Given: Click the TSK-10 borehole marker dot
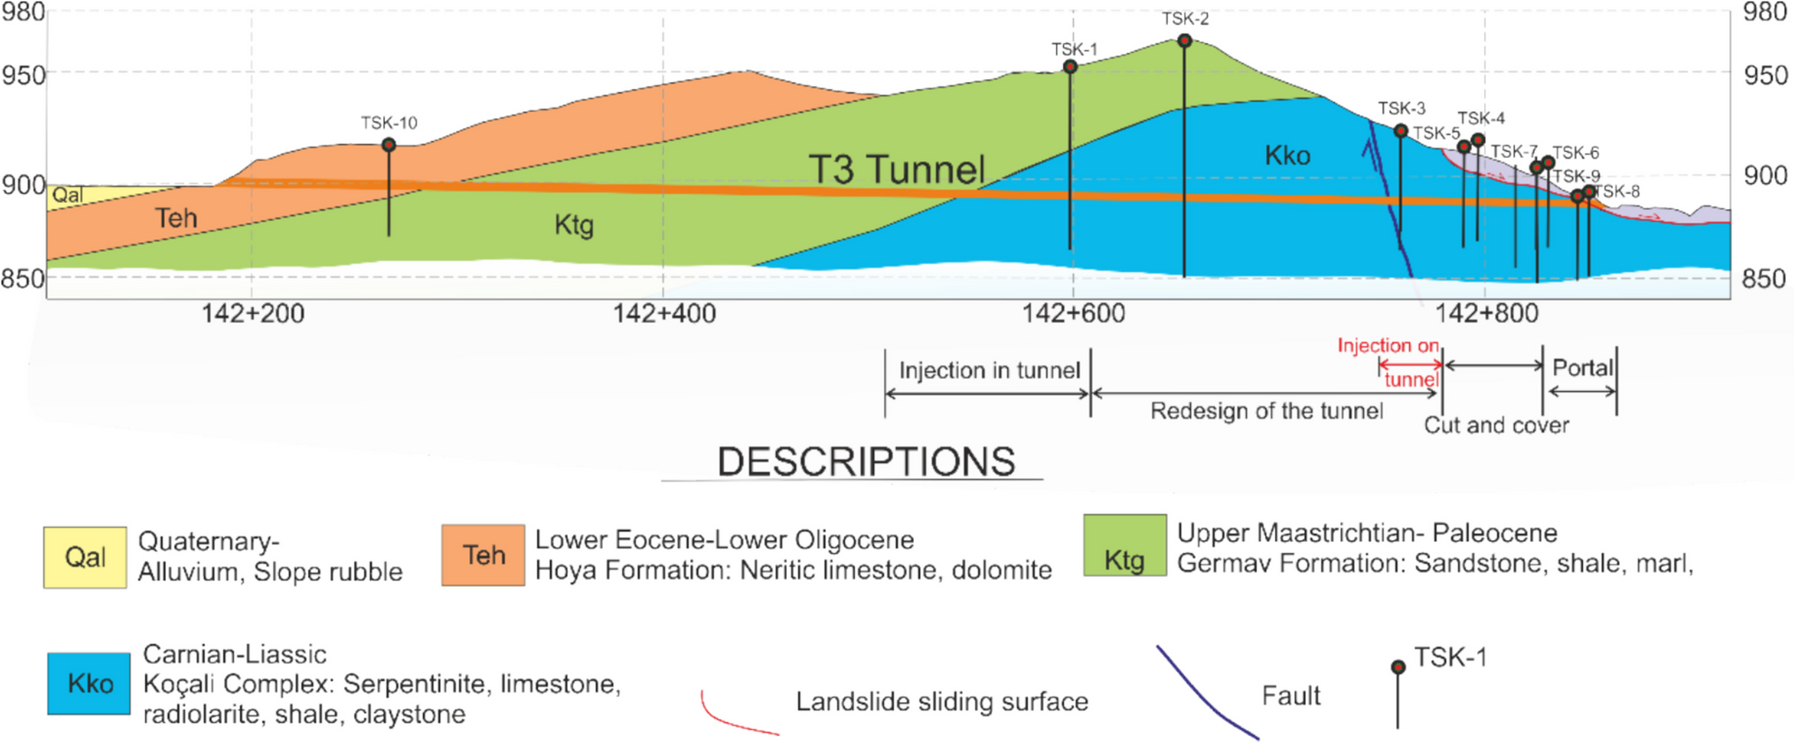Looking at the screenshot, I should point(388,145).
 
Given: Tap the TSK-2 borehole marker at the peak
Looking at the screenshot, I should point(1185,41).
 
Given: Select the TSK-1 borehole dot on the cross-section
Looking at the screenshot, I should point(1070,67).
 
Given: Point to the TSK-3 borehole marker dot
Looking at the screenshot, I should point(1400,131).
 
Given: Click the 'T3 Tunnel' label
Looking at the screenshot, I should point(897,169).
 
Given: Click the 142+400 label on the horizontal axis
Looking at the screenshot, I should point(664,313).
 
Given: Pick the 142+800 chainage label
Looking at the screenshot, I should point(1487,313).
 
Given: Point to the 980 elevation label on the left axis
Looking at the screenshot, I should point(23,12).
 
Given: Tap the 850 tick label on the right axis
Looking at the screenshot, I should point(1764,279).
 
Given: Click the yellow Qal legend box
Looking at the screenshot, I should point(85,558).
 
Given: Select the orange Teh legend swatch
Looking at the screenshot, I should point(483,555).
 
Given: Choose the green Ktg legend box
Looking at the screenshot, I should point(1125,546).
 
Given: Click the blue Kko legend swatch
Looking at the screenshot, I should point(89,684).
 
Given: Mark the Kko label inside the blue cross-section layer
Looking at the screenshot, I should point(1287,156).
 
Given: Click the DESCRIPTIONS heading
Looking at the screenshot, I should point(866,462).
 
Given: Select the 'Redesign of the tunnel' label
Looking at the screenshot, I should point(1266,411).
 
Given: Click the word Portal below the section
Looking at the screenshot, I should point(1582,368).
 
